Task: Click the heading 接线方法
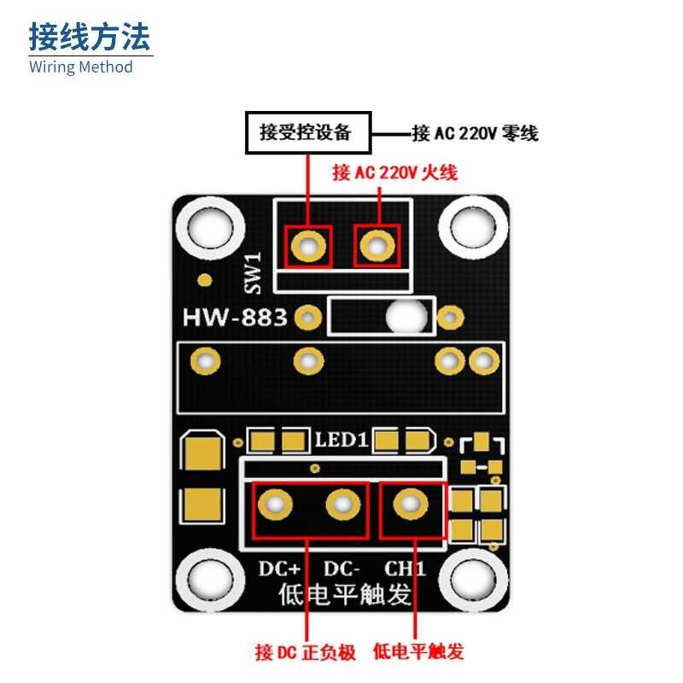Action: pyautogui.click(x=90, y=37)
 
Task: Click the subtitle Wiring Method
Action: pyautogui.click(x=81, y=67)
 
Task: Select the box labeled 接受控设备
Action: pyautogui.click(x=307, y=133)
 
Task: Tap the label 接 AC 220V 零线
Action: pyautogui.click(x=475, y=133)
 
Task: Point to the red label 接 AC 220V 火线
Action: pyautogui.click(x=394, y=172)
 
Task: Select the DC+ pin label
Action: pyautogui.click(x=278, y=569)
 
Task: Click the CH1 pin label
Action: pyautogui.click(x=406, y=569)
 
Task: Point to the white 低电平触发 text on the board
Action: pyautogui.click(x=344, y=593)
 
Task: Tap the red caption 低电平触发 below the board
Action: pyautogui.click(x=419, y=652)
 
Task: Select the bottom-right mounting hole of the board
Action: pyautogui.click(x=474, y=580)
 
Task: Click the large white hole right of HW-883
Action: pyautogui.click(x=406, y=318)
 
